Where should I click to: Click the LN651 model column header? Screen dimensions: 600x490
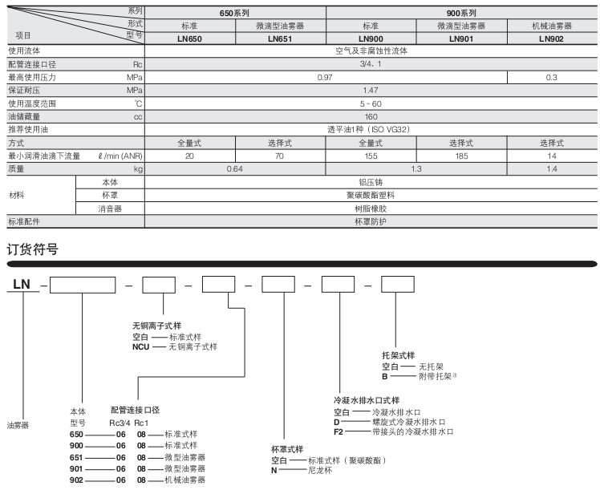point(280,38)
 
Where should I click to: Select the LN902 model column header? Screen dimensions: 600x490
point(551,38)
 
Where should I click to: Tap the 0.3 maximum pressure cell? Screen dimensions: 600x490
point(551,77)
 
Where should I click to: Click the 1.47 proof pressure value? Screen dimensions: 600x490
point(371,91)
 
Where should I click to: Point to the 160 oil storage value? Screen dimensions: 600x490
point(371,116)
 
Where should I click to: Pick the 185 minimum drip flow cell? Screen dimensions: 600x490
point(461,156)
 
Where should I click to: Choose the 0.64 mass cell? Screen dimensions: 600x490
point(234,169)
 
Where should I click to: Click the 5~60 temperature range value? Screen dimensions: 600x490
point(371,103)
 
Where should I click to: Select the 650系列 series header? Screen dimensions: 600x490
point(234,13)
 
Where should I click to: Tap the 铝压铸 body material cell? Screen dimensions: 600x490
point(371,183)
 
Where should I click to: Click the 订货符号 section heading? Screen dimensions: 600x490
point(33,249)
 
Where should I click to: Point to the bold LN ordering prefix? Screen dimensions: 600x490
point(22,284)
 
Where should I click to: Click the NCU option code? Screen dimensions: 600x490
point(141,347)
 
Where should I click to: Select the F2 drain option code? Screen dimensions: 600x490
point(339,432)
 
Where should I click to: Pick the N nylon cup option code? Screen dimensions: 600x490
point(274,471)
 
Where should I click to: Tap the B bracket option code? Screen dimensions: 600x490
point(384,376)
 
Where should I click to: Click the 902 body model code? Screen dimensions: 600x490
point(76,480)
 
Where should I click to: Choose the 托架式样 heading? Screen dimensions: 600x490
point(398,355)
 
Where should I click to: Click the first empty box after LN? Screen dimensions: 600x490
point(83,285)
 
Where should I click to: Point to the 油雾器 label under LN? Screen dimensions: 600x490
point(18,425)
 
